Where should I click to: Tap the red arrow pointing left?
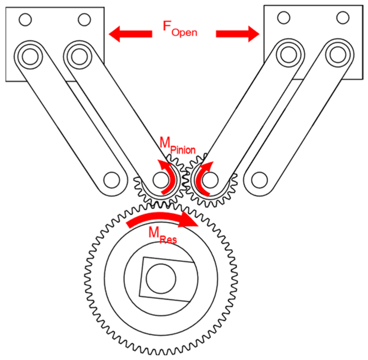click(130, 34)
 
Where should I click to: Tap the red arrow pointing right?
click(238, 34)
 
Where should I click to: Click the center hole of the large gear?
click(161, 278)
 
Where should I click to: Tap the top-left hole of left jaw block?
click(25, 20)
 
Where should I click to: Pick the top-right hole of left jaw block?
click(84, 20)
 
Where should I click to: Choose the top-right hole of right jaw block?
click(343, 17)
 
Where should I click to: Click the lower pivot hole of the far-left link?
click(111, 180)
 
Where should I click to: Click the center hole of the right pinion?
click(210, 180)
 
